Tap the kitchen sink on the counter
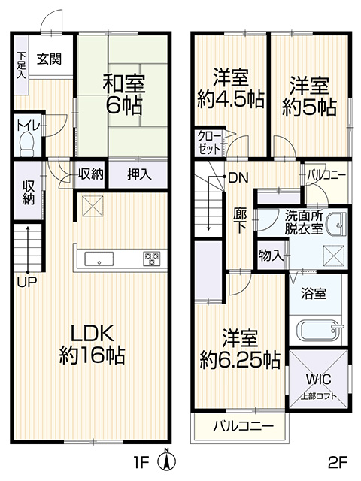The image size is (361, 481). [99, 259]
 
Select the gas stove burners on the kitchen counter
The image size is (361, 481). [152, 259]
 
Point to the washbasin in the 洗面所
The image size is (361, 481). [335, 225]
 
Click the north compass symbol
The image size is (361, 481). [166, 459]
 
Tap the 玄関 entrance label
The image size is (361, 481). [49, 59]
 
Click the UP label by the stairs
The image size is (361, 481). [26, 283]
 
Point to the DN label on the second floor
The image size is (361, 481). [238, 177]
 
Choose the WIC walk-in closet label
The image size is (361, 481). [318, 380]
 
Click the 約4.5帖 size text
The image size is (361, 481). [231, 99]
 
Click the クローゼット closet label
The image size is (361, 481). [209, 142]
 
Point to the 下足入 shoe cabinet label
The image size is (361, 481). [21, 65]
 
